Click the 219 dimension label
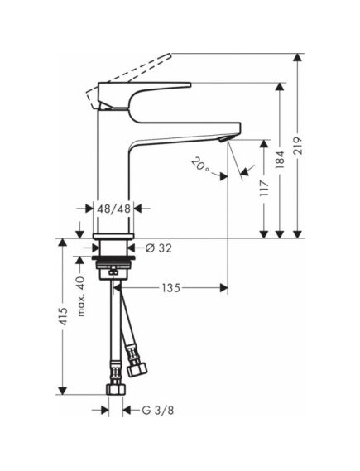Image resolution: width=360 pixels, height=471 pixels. coord(298,146)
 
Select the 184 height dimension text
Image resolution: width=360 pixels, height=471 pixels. coord(280,159)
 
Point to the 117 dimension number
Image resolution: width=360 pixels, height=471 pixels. coord(264,189)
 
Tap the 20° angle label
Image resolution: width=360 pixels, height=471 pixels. coord(200,165)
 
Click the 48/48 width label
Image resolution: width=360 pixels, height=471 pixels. coord(114,209)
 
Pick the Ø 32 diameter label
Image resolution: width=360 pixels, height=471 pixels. coord(159,248)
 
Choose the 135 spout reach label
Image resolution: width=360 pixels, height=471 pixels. coord(170,288)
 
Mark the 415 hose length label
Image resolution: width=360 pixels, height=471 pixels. coord(63,316)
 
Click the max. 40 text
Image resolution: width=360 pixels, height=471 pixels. coord(81,296)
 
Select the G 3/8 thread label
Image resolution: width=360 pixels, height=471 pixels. coord(158,411)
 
